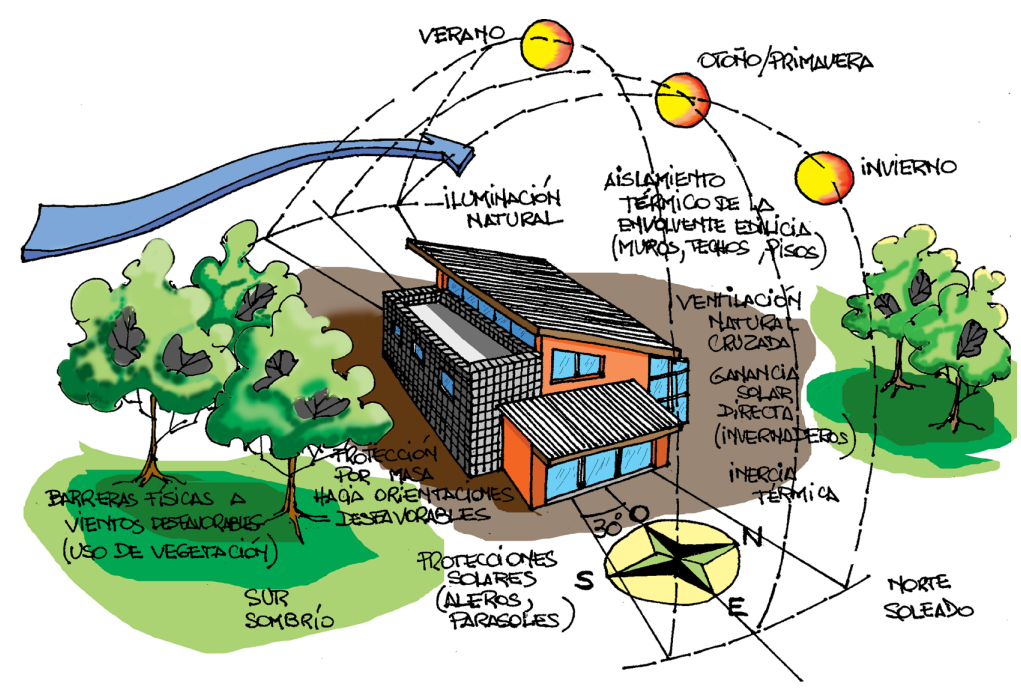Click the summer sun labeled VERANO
548,43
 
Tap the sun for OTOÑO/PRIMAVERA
683,100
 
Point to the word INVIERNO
908,165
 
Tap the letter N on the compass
754,537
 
